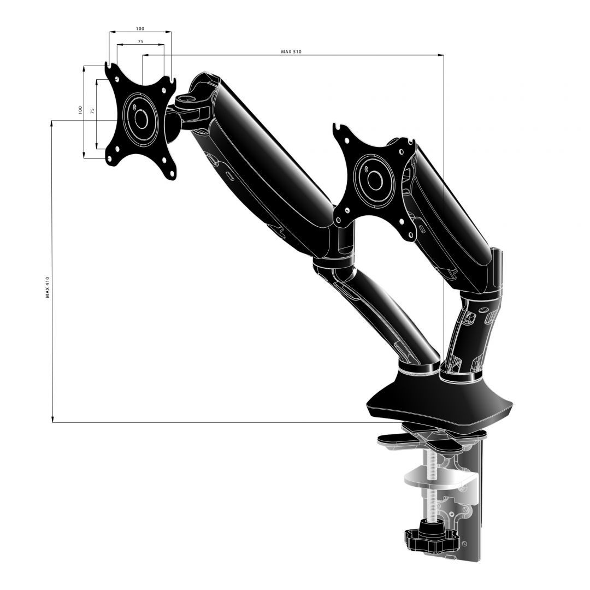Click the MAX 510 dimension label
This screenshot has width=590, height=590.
coord(291,51)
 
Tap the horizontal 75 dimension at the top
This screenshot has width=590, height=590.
coord(140,42)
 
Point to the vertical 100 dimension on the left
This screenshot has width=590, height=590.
coord(80,110)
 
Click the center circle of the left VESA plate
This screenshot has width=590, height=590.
coord(141,119)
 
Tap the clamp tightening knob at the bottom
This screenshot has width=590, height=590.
coord(421,539)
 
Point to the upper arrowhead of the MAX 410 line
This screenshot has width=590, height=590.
coord(52,125)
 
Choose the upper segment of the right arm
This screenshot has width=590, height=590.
coord(448,213)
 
